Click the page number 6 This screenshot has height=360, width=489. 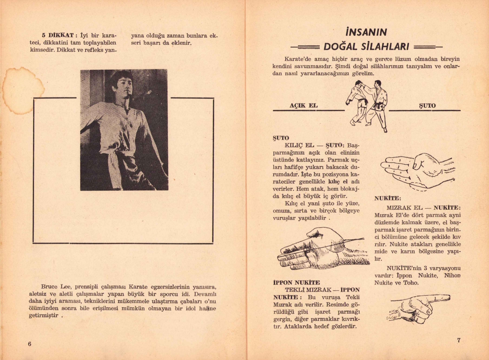point(30,344)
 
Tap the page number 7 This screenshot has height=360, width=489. point(459,340)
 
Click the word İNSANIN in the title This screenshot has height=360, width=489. point(366,32)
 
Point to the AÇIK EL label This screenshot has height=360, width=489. point(303,106)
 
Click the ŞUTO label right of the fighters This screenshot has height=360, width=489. point(427,106)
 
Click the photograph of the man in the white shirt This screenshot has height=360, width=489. point(124,130)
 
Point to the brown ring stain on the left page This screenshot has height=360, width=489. point(16,91)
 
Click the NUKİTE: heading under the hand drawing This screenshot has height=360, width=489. point(388,198)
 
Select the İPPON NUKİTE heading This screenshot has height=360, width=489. point(296,282)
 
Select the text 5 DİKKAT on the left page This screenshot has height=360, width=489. point(58,35)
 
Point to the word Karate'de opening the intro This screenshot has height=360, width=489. point(298,59)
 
